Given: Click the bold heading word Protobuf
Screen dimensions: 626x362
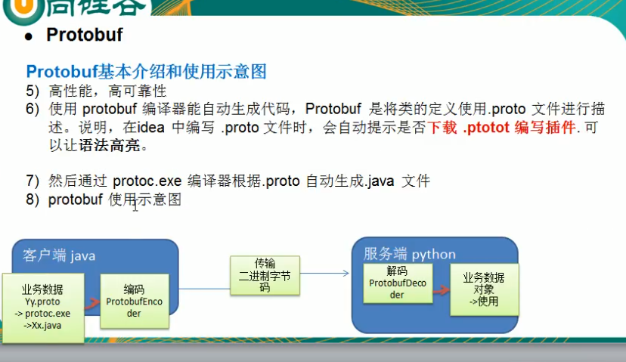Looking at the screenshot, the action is pyautogui.click(x=85, y=34).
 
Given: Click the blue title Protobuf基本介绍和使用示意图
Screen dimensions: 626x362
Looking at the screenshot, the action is pyautogui.click(x=146, y=72).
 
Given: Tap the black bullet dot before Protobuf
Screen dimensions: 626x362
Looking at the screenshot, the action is pyautogui.click(x=28, y=37).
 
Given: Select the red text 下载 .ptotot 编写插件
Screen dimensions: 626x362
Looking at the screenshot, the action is pyautogui.click(x=502, y=127).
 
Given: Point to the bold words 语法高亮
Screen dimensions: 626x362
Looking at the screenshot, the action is pyautogui.click(x=110, y=145).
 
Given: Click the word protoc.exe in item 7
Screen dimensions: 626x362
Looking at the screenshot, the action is pyautogui.click(x=147, y=181).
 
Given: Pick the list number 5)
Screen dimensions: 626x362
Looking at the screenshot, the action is pyautogui.click(x=33, y=91).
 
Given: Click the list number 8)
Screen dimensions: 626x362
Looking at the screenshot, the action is pyautogui.click(x=33, y=200).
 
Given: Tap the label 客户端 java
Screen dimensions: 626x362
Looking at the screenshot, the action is pyautogui.click(x=59, y=255).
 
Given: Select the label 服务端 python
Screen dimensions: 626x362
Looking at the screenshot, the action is pyautogui.click(x=409, y=254).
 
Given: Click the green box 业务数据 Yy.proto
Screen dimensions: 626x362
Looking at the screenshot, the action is pyautogui.click(x=43, y=308).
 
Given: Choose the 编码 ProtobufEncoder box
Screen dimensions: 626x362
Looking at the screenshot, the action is pyautogui.click(x=135, y=302).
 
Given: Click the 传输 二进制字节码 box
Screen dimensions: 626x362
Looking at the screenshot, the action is pyautogui.click(x=265, y=275).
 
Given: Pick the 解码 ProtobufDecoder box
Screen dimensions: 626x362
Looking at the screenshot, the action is pyautogui.click(x=398, y=283).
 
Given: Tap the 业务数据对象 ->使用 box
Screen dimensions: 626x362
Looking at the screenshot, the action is pyautogui.click(x=485, y=289).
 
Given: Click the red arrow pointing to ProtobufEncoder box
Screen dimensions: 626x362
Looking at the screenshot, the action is pyautogui.click(x=92, y=303).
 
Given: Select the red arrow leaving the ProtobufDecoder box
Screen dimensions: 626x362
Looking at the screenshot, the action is pyautogui.click(x=442, y=290).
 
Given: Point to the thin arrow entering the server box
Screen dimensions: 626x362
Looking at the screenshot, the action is pyautogui.click(x=324, y=274).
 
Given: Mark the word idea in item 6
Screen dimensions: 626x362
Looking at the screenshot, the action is pyautogui.click(x=151, y=127).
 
